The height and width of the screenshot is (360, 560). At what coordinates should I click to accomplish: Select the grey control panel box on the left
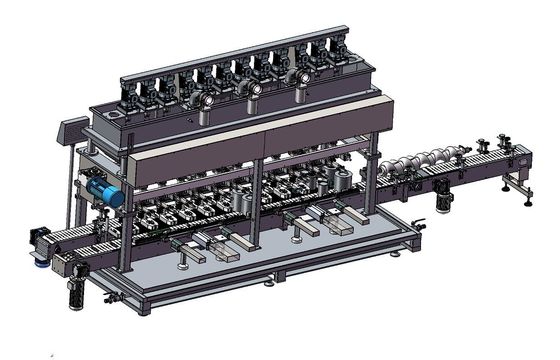coord(71,130)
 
